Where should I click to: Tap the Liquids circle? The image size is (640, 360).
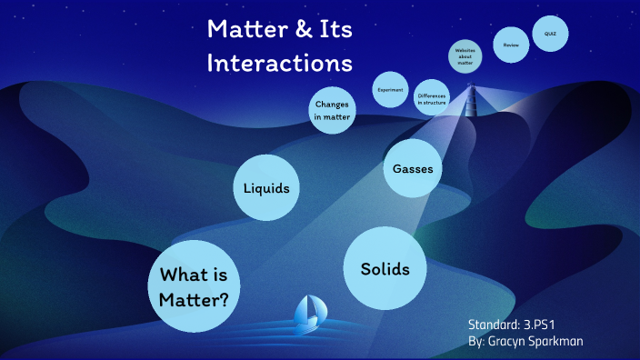tap(266, 188)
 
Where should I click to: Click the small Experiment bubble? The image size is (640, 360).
tap(390, 90)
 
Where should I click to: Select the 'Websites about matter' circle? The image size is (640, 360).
tap(465, 57)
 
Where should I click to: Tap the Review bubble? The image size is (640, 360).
tap(511, 43)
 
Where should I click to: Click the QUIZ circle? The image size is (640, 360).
tap(550, 34)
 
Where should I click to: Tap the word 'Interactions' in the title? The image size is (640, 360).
tap(279, 64)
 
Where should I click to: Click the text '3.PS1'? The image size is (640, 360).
tap(538, 325)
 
